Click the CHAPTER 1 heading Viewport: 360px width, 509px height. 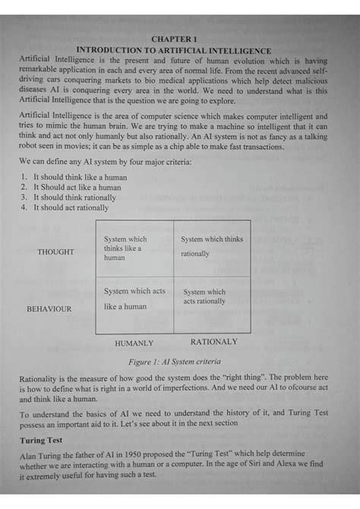point(174,38)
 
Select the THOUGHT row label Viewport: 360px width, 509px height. point(56,251)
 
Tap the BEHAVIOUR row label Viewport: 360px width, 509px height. point(49,309)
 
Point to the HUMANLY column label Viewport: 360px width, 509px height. point(134,343)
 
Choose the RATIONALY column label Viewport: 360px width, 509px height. point(213,342)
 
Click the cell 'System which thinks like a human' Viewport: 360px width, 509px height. point(126,248)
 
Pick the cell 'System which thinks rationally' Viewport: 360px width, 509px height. point(212,246)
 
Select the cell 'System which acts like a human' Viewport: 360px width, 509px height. point(134,299)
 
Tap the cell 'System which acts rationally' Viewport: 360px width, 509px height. point(204,296)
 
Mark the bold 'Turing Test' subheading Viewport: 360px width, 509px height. point(43,441)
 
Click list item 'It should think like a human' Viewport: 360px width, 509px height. point(77,177)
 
